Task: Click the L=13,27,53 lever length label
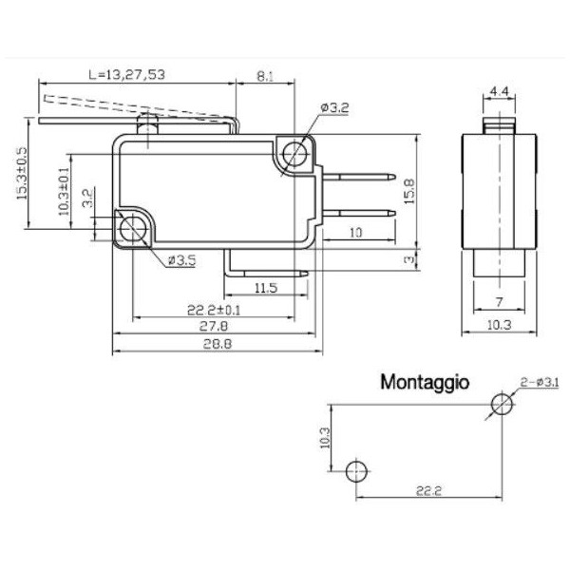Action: tap(125, 73)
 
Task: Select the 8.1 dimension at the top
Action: tap(265, 77)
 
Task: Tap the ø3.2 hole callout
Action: tap(335, 109)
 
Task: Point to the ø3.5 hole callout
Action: tap(181, 259)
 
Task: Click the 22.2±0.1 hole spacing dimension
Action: tap(215, 310)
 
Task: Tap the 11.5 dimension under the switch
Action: tap(265, 287)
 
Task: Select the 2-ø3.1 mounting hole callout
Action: tap(539, 382)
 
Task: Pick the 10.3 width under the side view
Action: tap(497, 326)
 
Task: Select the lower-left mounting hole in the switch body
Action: tap(132, 229)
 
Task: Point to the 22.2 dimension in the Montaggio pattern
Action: tap(429, 490)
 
